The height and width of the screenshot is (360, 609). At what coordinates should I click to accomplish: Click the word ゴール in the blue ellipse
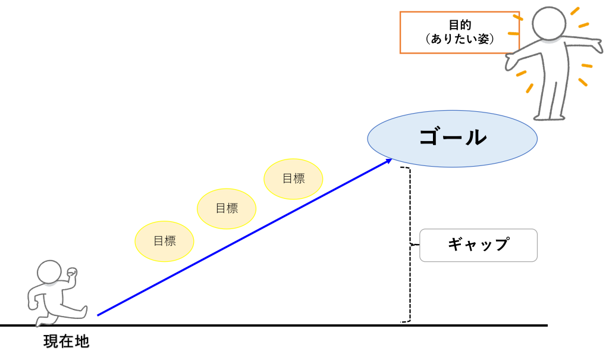point(452,137)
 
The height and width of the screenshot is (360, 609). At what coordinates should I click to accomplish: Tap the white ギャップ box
point(478,245)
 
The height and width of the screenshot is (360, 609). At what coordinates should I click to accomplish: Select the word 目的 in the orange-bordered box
point(460,26)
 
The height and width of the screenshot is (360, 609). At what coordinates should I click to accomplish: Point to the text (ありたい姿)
point(460,39)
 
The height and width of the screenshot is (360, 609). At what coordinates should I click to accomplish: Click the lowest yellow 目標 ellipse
point(165,241)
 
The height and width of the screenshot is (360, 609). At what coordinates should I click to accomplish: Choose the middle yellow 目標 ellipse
point(227,208)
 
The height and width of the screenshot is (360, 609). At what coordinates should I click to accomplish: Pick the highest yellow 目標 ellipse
point(293,179)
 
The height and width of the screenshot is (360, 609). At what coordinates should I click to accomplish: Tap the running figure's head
point(50,274)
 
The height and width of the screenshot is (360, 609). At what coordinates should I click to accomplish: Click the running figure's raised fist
point(72,273)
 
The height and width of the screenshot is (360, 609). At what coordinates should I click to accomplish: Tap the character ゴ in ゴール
point(429,137)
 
